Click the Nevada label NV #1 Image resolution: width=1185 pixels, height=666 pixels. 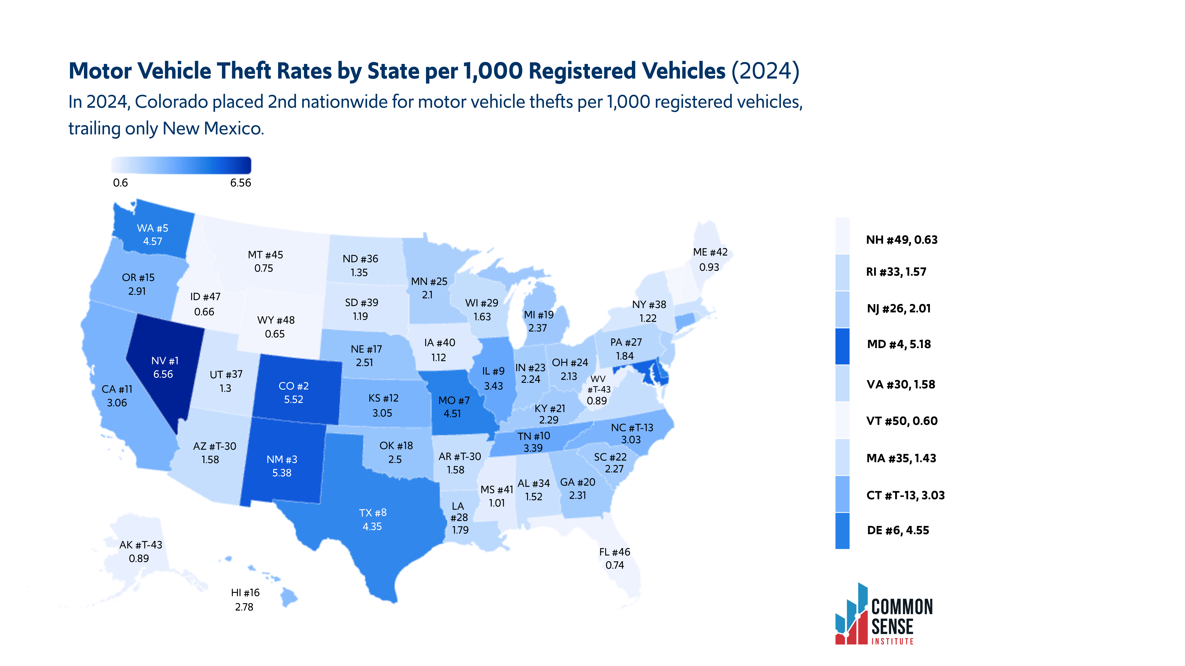(x=165, y=361)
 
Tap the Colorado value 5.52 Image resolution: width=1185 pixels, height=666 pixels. (x=293, y=399)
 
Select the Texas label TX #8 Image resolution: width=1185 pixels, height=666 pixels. (x=373, y=512)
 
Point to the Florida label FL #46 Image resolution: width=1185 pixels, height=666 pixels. (x=615, y=552)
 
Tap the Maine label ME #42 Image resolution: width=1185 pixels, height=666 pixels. (x=710, y=252)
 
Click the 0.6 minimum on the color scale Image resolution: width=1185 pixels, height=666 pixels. (x=120, y=183)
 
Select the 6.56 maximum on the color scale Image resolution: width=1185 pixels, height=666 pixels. (x=241, y=183)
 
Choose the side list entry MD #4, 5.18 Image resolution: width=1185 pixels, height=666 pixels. (x=899, y=344)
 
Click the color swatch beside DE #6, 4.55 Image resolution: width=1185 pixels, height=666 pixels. (x=842, y=531)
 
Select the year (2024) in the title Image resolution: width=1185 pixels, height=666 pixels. (x=766, y=71)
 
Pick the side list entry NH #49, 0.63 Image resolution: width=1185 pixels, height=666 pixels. (x=902, y=240)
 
